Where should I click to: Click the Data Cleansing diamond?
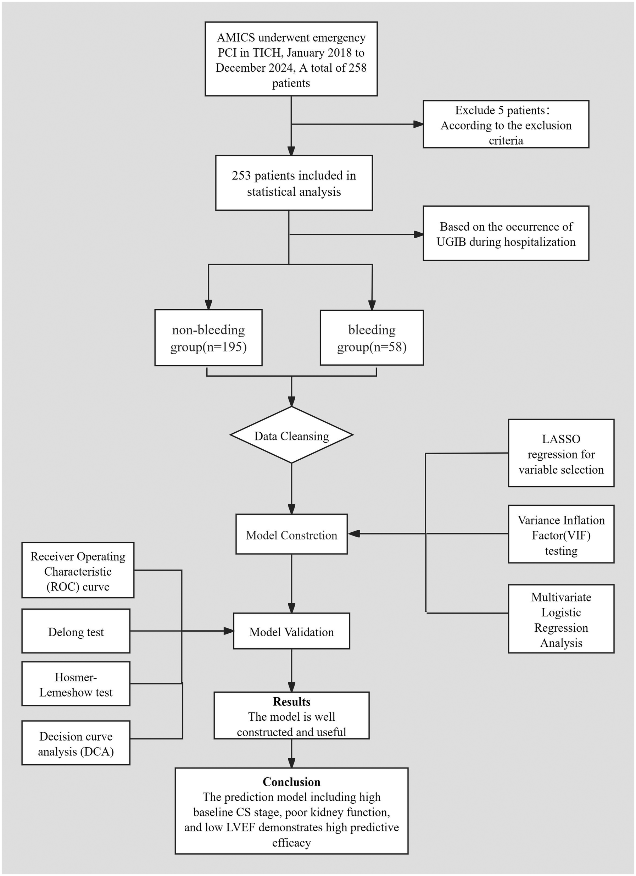coord(291,435)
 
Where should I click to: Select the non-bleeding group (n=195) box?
coord(208,338)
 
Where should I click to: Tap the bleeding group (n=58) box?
coord(372,338)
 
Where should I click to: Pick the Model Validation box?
coord(291,631)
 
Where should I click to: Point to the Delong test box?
coord(76,631)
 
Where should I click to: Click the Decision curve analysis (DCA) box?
coord(76,743)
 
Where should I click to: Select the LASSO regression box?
coord(561,454)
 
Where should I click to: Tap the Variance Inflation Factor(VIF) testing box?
coord(561,534)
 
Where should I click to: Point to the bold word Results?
coord(291,702)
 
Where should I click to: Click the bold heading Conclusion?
coord(291,782)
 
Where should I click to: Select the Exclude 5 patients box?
coord(506,124)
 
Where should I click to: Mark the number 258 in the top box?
coord(358,68)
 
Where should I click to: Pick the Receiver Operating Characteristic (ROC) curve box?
coord(78,571)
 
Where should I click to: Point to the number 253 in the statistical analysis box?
coord(241,176)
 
